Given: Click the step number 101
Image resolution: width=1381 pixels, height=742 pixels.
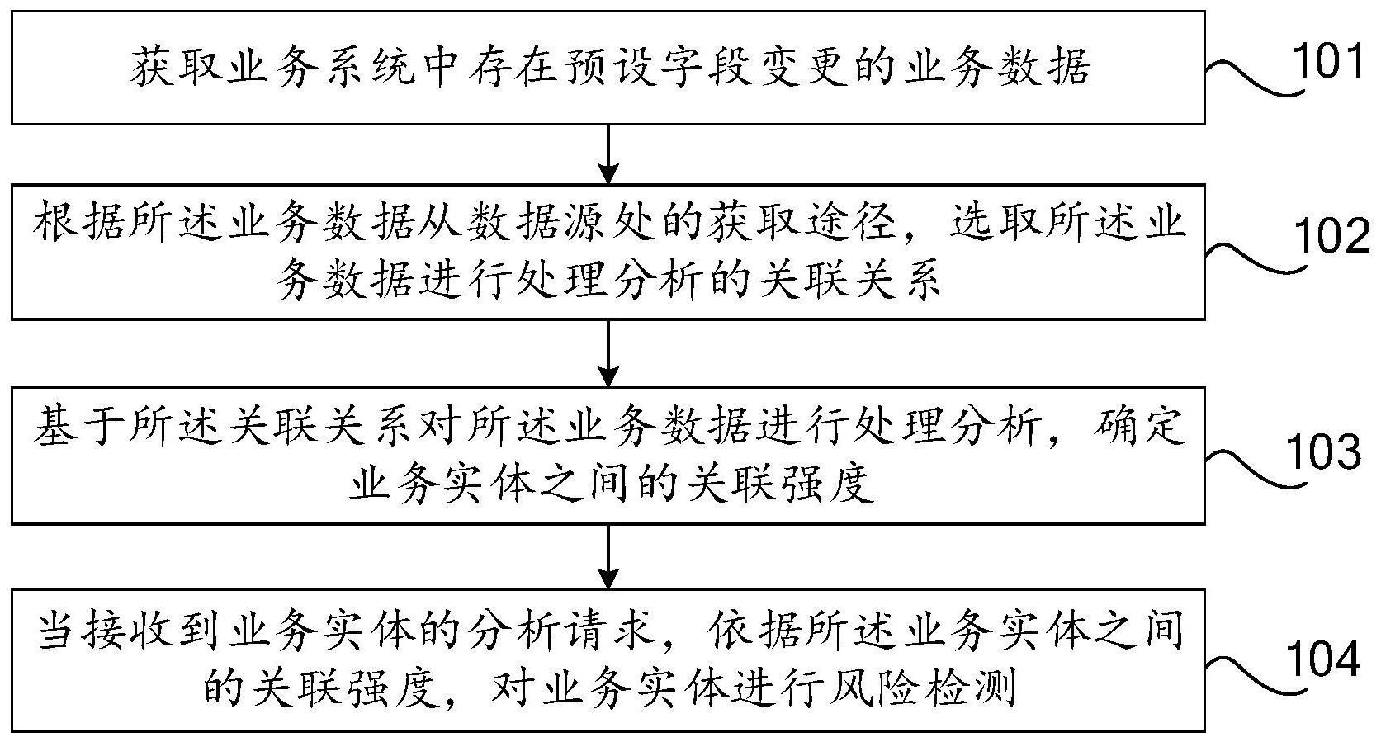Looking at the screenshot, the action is pyautogui.click(x=1327, y=61).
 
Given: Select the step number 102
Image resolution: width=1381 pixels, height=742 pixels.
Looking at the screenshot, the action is pyautogui.click(x=1331, y=236).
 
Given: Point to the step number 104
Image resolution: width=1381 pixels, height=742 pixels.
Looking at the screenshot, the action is pyautogui.click(x=1325, y=659).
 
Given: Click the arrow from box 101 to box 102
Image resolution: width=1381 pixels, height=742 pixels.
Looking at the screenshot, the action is pyautogui.click(x=608, y=154).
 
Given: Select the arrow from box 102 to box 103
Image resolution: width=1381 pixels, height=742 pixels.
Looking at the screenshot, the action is pyautogui.click(x=608, y=353).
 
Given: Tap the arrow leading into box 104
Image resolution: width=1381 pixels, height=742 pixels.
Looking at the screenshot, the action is pyautogui.click(x=608, y=557).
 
